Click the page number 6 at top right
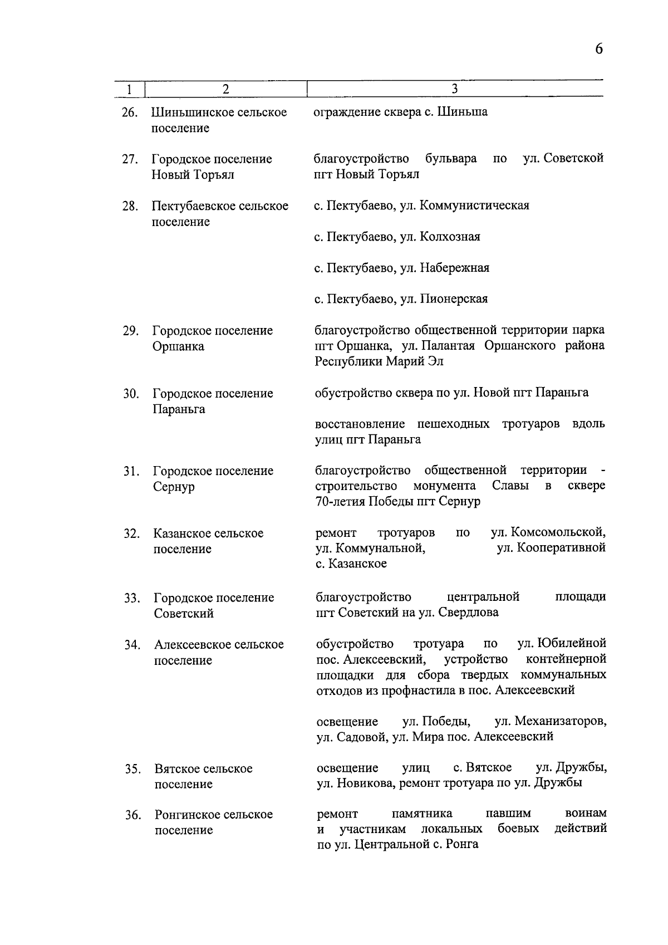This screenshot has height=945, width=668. coord(598,49)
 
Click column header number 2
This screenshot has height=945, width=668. coord(225,89)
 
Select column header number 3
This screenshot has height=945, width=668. coord(454,89)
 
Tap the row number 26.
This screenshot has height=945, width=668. coord(129,113)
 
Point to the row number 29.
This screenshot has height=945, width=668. coord(130,331)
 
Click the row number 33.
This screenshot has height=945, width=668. coord(131,599)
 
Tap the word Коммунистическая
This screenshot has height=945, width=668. coord(474,205)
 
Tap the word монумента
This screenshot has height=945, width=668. coord(444,486)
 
